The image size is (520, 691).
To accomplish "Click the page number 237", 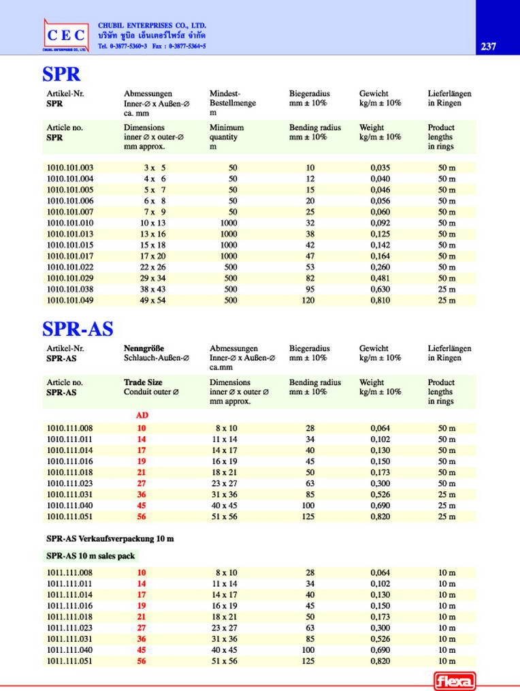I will point(488,46).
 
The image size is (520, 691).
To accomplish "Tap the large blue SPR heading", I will point(61,74).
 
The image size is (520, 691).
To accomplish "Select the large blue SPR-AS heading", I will point(78,328).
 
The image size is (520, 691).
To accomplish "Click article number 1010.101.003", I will point(70,168).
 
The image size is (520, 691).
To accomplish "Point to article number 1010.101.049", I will point(70,301).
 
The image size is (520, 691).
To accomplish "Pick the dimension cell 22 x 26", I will point(154,267).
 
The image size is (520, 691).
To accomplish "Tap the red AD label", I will point(142,415).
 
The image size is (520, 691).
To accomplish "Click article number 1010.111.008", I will point(70,428).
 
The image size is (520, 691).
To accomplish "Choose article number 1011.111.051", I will point(70,660).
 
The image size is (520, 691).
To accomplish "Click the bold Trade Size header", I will point(143,382).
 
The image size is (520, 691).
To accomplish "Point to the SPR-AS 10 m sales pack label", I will point(91,556).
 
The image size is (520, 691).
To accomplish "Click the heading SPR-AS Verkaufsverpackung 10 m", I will point(110,538).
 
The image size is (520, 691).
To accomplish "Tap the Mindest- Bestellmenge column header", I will point(233,98).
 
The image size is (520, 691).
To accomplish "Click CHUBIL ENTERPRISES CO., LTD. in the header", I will point(152,25).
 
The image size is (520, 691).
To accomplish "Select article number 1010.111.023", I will point(70,483).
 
